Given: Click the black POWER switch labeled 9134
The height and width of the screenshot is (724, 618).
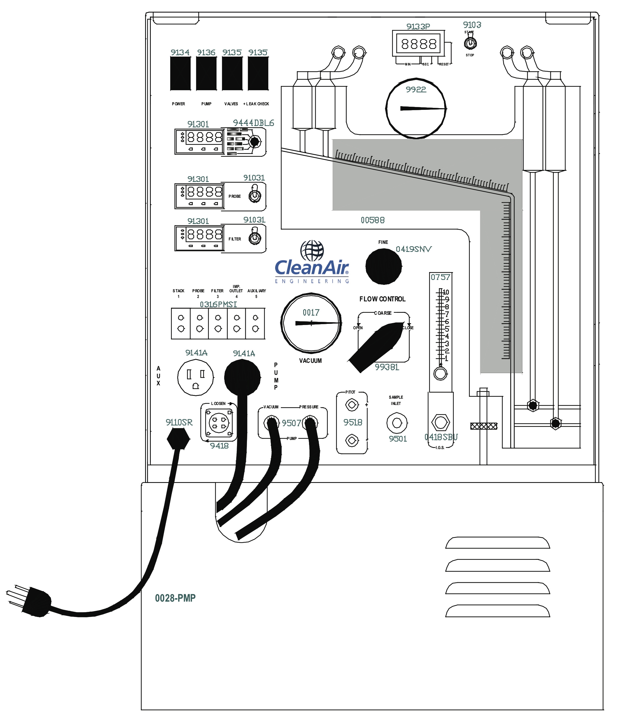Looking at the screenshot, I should coord(180,73).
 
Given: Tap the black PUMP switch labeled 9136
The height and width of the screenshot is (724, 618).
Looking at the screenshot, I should coord(206,73).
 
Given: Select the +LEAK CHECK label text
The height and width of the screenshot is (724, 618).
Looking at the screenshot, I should coord(256,104).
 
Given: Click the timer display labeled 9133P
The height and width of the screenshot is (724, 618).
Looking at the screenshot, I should coord(419,44).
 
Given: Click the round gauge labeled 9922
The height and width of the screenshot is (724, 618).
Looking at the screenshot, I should coord(416,108).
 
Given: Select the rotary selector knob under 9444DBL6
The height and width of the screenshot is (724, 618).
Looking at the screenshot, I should coord(254,142).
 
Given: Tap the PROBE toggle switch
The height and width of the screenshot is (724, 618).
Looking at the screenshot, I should coord(255,196).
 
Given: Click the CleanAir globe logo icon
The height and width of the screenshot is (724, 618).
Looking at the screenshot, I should coord(312,250).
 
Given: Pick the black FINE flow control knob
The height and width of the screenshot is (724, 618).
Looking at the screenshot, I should coord(383,267).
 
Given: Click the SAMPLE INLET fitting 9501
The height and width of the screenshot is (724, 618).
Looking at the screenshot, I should coord(397,423).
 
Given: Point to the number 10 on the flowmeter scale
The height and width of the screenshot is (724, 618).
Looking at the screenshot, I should coord(446,292).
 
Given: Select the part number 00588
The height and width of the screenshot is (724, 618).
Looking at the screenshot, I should coord(372,221).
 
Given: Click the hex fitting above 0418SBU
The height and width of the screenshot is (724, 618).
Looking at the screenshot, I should coord(440,422).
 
